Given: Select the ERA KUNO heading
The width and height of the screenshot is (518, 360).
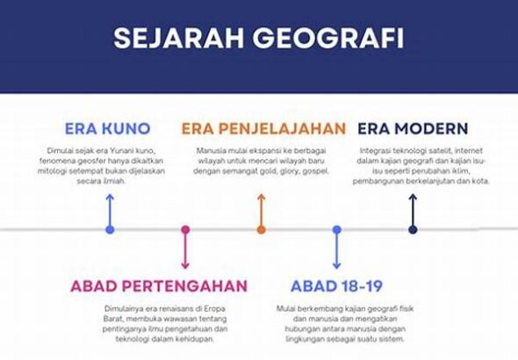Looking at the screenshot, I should pos(108,128).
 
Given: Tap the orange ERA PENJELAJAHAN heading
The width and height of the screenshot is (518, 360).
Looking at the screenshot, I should pos(263,128).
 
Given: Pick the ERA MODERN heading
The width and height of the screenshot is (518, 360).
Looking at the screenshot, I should pos(413,128).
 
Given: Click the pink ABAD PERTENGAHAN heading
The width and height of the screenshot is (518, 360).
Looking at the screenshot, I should pos(159,285).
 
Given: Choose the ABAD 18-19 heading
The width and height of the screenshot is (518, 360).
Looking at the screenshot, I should pos(336,285).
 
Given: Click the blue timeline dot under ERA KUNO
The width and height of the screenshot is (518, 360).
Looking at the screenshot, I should pos(110,229).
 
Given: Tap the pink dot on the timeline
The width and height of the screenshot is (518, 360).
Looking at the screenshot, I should pos(185,229).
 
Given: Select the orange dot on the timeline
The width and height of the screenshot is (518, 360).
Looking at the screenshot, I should pos(261,229).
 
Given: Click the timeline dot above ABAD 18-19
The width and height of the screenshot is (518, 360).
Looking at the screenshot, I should pos(336,229).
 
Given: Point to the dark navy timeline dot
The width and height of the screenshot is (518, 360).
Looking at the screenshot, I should pos(413,229).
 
